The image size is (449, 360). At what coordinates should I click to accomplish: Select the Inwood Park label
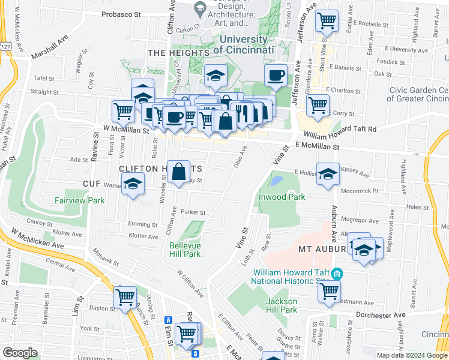[x=282, y=197]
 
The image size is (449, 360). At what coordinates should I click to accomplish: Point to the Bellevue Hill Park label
[x=185, y=250]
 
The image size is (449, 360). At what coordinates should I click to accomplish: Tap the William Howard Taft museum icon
[x=337, y=275]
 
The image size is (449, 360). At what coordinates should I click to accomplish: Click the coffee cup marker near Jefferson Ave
[x=276, y=76]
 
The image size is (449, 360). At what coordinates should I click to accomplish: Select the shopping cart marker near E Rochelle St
[x=327, y=20]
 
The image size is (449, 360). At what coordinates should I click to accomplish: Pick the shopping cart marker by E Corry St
[x=318, y=105]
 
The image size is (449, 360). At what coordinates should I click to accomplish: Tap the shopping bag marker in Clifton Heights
[x=179, y=172]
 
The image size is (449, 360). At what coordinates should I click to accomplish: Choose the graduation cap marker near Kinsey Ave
[x=328, y=174]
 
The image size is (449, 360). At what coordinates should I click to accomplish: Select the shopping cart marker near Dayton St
[x=125, y=297]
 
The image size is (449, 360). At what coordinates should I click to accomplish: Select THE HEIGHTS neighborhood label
[x=178, y=53]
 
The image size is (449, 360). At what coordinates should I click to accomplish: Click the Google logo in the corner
[x=19, y=352]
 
